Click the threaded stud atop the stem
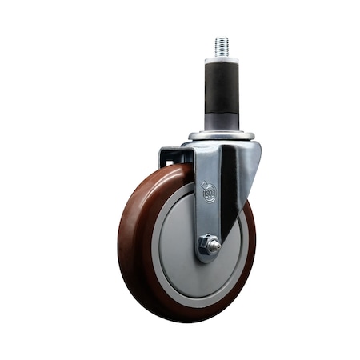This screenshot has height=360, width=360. [x=222, y=46]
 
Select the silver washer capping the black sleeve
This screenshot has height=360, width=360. [x=222, y=60]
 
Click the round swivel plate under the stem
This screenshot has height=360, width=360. [x=222, y=136]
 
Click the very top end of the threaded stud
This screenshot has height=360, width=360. [x=222, y=38]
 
